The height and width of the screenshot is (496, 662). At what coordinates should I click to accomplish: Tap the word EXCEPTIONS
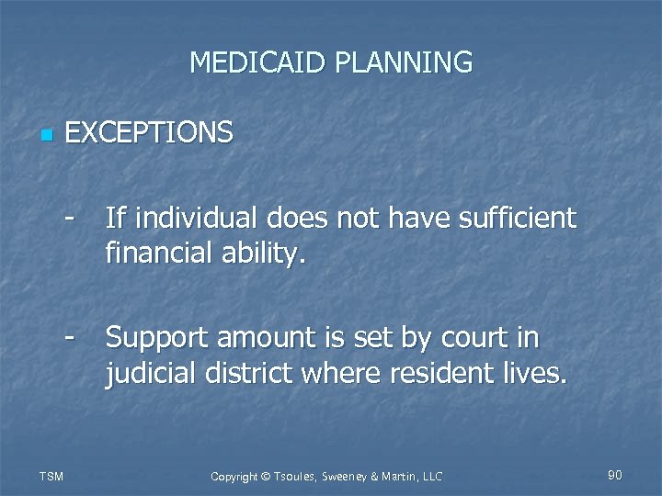click(x=150, y=134)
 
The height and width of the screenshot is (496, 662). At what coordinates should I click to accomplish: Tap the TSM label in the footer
click(x=51, y=476)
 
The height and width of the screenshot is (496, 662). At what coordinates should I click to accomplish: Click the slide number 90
click(x=615, y=475)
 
